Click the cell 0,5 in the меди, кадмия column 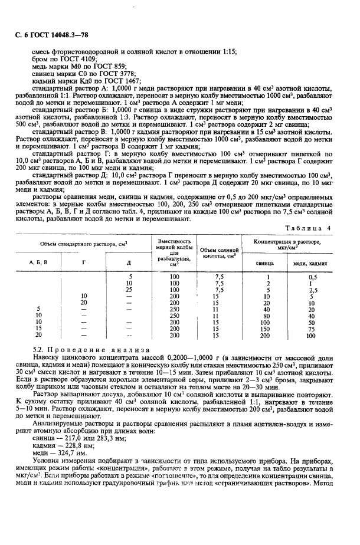click(313, 277)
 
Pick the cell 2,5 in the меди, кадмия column click(313, 290)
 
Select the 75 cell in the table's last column click(313, 329)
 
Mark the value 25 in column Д click(129, 290)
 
